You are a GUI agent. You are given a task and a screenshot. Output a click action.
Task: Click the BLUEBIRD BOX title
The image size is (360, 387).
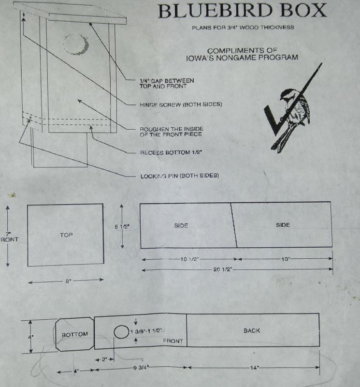coord(243,10)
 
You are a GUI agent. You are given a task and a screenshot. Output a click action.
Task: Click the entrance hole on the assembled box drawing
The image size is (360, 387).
coord(75,44)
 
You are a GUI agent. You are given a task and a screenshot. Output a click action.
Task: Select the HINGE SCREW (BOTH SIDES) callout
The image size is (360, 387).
coord(181,104)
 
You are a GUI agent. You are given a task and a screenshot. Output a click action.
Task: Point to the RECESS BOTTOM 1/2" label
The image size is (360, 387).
coord(171,152)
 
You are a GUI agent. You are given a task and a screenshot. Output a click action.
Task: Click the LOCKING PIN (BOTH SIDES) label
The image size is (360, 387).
coord(180,176)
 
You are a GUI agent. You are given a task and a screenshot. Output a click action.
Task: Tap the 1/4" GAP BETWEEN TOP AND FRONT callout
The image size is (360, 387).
coord(167,83)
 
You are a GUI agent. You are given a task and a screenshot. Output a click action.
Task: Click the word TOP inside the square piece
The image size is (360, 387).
coord(66,235)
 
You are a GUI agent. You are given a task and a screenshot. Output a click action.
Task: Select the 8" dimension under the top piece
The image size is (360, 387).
coord(68,281)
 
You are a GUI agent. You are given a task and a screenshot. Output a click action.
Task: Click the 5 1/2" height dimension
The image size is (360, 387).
coord(122,226)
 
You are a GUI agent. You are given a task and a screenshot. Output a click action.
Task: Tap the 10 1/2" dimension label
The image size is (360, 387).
coord(189,259)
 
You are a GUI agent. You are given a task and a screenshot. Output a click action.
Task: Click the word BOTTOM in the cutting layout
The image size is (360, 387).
coord(75,335)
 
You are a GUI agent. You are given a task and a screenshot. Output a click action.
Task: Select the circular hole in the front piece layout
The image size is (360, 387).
coord(121,332)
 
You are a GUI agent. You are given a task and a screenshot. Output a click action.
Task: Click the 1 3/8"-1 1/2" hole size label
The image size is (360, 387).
coord(147,331)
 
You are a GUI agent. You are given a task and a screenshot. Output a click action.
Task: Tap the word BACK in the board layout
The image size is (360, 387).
coord(252,330)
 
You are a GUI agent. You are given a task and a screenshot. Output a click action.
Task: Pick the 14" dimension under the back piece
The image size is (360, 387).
coord(254,368)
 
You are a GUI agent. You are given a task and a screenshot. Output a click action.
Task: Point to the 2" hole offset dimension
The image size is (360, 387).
coord(104,359)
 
